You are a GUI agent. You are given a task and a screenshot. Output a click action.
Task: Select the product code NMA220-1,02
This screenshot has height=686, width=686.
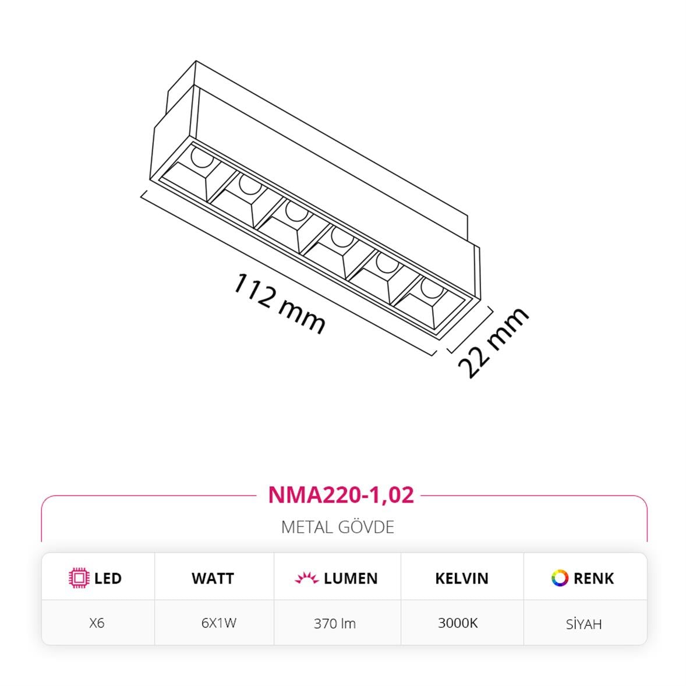pyautogui.click(x=341, y=494)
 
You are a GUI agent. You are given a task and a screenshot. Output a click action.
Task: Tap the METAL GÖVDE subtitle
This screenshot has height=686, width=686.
pyautogui.click(x=338, y=527)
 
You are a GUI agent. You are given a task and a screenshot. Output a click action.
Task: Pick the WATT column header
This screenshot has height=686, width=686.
pyautogui.click(x=213, y=578)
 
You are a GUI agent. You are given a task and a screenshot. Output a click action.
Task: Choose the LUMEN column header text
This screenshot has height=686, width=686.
pyautogui.click(x=351, y=578)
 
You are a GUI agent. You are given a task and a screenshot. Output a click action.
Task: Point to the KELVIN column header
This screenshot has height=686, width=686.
pyautogui.click(x=461, y=578)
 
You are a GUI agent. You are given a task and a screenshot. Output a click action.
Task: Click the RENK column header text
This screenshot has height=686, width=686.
pyautogui.click(x=593, y=578)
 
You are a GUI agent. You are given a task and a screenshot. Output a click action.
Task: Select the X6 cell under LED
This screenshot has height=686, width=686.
pyautogui.click(x=97, y=623)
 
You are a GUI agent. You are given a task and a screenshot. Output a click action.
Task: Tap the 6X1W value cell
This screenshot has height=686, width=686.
pyautogui.click(x=218, y=623)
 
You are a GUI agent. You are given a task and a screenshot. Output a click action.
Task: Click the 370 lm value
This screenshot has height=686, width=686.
pyautogui.click(x=334, y=623)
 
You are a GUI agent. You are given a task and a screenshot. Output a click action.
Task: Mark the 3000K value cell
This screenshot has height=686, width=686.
pyautogui.click(x=458, y=623)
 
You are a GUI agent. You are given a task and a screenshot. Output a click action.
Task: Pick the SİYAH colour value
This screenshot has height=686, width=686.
pyautogui.click(x=584, y=624)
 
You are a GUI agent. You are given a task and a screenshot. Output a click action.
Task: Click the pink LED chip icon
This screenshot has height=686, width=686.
pyautogui.click(x=79, y=578)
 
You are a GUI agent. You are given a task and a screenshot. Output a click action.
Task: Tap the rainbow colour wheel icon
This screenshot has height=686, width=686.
pyautogui.click(x=560, y=578)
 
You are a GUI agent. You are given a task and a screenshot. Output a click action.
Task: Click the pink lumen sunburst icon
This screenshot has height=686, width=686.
pyautogui.click(x=306, y=578)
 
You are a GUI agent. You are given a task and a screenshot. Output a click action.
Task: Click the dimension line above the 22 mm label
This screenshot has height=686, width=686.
pyautogui.click(x=471, y=330)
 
